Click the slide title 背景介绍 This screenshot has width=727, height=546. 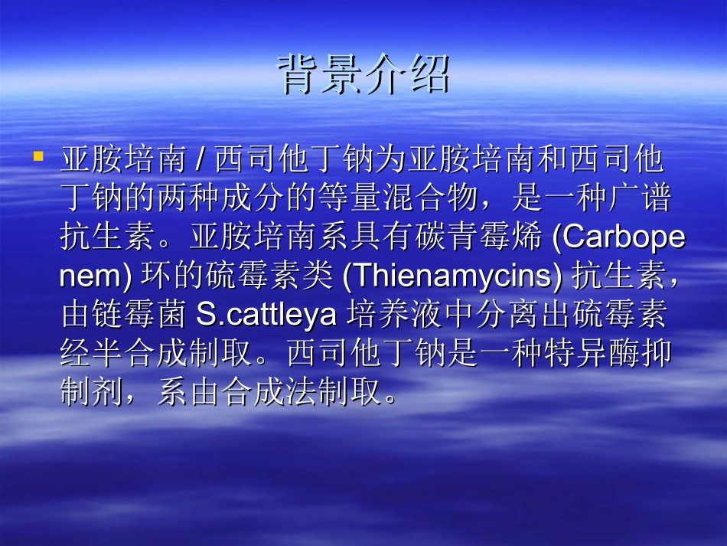click(363, 74)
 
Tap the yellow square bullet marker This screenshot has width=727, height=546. click(38, 156)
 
